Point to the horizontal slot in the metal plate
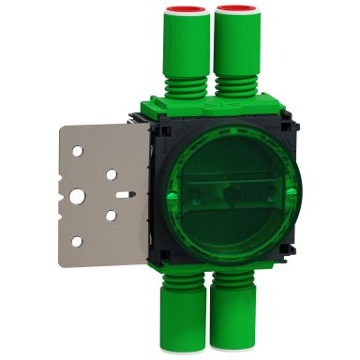[125, 194]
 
